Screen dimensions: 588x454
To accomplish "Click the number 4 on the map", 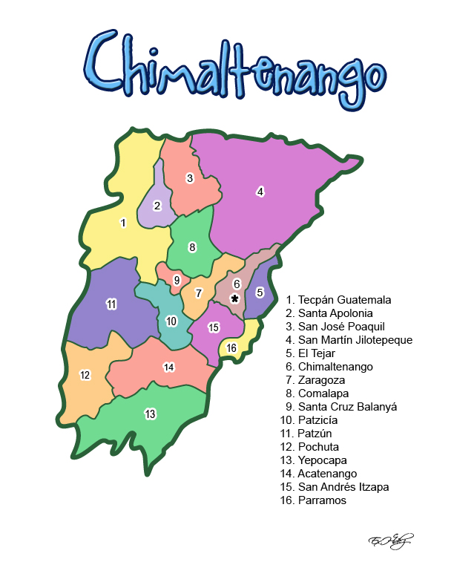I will tap(260, 192).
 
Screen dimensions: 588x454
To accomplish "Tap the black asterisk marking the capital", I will tap(235, 298).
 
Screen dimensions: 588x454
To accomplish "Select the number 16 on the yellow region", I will tap(231, 348).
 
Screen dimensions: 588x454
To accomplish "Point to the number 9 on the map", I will tap(177, 281).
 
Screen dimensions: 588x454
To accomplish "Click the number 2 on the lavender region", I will tap(157, 206).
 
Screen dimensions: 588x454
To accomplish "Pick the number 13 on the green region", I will tap(151, 414).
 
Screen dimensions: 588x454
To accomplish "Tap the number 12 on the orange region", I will tap(85, 375).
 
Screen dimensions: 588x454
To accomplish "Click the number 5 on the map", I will tap(260, 293).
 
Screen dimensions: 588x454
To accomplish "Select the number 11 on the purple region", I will tap(111, 304).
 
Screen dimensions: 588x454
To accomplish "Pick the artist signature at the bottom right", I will tap(390, 540).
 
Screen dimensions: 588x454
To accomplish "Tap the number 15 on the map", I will tap(214, 327).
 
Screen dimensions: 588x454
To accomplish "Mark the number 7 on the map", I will tap(199, 293).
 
